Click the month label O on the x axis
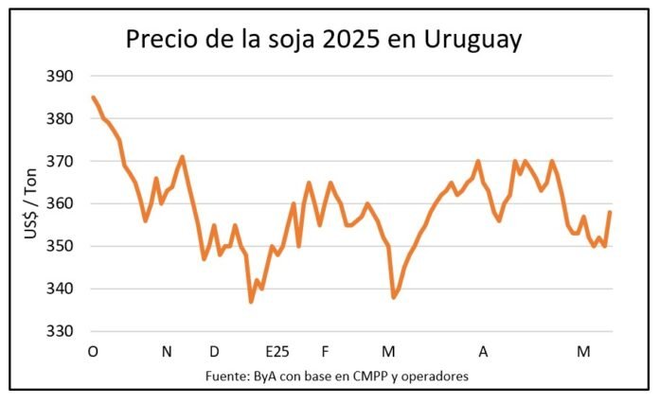(x=93, y=352)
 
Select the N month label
(x=167, y=352)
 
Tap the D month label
(x=215, y=352)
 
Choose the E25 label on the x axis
(x=276, y=352)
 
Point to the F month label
(x=325, y=352)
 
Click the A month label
(x=483, y=352)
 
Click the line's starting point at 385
(x=93, y=96)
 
